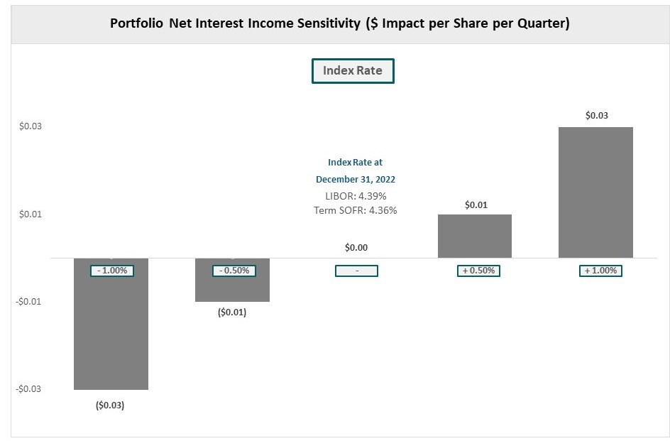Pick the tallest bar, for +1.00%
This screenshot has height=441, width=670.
(x=595, y=192)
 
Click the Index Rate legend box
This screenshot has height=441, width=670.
(x=353, y=71)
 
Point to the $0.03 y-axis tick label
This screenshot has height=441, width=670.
(x=31, y=126)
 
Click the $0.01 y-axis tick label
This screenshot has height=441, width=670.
(x=31, y=214)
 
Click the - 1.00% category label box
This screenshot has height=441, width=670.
(x=111, y=271)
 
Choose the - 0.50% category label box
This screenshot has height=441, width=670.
(x=234, y=271)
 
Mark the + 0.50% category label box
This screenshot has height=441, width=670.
(x=478, y=271)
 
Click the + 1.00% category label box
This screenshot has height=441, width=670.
(x=600, y=271)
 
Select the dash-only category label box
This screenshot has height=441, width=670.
(x=356, y=271)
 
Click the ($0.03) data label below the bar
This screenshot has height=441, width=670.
(x=110, y=405)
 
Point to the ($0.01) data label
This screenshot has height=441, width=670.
(x=232, y=312)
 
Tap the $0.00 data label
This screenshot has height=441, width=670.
(x=356, y=248)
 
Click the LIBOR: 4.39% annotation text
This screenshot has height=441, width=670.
(x=355, y=196)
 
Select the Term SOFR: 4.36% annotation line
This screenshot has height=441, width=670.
(x=355, y=210)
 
